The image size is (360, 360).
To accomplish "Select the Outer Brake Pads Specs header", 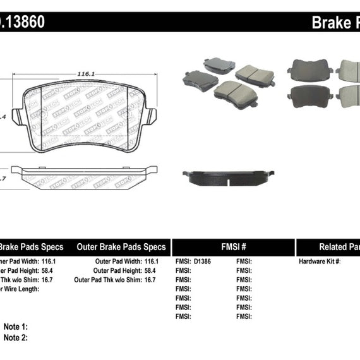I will [121, 247].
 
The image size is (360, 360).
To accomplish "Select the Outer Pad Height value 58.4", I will [151, 270].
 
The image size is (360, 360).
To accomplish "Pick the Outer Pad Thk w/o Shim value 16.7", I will [151, 279].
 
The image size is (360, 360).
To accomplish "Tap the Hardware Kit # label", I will [319, 261].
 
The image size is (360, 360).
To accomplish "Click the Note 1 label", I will [15, 309].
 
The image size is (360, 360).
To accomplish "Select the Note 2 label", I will [15, 320].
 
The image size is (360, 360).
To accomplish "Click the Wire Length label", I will [19, 289].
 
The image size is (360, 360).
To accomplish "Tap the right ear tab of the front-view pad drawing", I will [150, 116].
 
